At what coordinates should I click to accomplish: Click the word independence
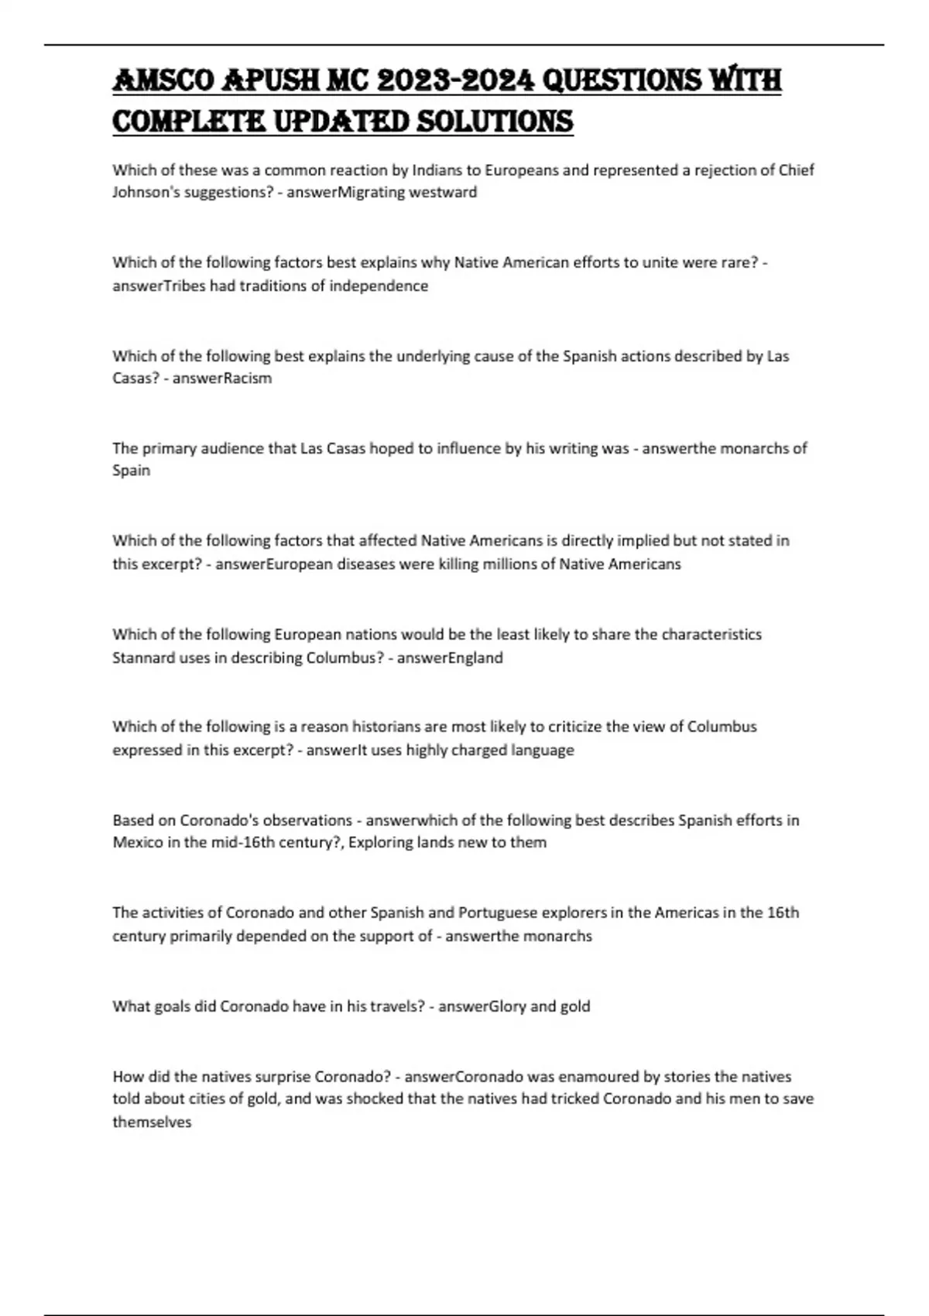tap(379, 286)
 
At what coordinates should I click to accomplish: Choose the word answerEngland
tap(450, 657)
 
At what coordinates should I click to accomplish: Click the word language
tap(543, 749)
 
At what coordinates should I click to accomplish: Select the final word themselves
tap(152, 1122)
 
